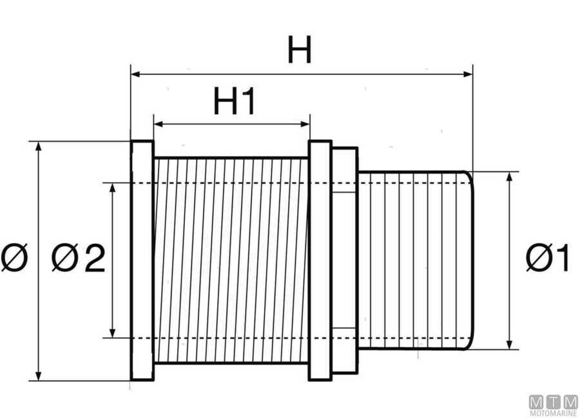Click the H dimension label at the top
coord(300,50)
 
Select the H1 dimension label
coord(235,102)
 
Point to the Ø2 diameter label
coord(78,259)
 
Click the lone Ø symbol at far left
coord(14,259)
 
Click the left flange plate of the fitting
coord(142,260)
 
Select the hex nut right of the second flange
coord(344,260)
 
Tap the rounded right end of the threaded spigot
coord(470,260)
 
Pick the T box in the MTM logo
coord(554,401)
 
